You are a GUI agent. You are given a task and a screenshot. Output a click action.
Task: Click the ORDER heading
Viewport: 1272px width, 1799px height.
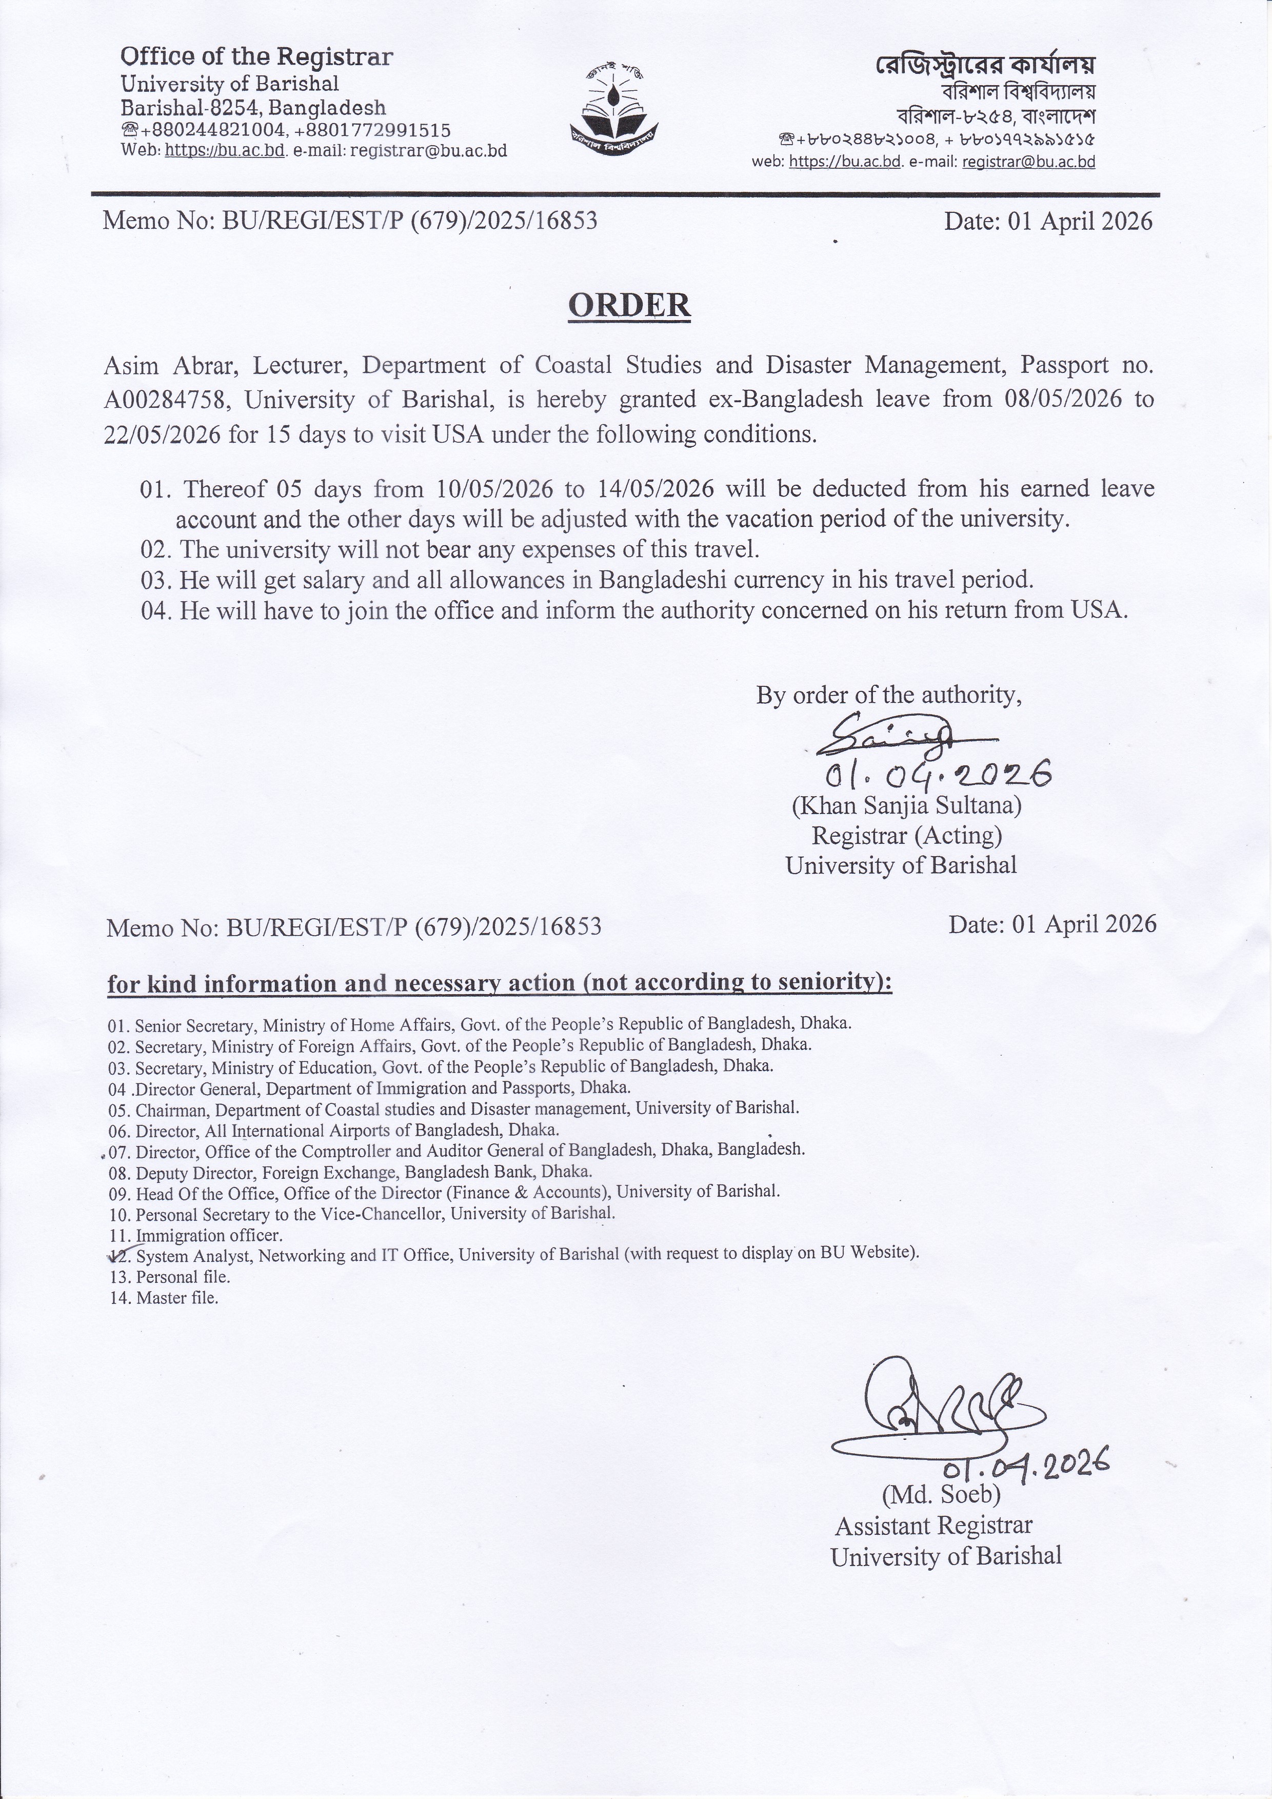click(629, 305)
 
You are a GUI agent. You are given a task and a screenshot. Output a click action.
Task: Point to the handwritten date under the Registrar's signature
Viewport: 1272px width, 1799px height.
click(937, 775)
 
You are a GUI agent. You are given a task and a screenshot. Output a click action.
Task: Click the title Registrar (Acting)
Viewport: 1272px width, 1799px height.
click(906, 835)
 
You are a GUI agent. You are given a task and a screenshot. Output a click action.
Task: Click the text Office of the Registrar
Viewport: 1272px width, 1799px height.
click(256, 56)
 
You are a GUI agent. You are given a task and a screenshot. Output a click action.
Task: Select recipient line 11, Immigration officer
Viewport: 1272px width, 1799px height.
click(208, 1236)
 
